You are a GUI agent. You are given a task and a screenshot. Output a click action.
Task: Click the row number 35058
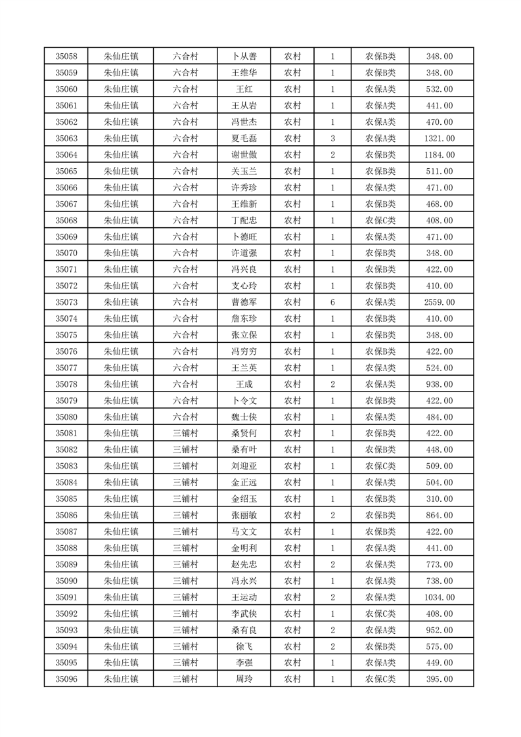66,56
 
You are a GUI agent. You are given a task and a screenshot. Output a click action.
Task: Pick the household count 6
332,302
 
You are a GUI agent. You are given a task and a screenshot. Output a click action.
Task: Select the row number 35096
66,679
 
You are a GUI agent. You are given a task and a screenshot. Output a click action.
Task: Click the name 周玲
244,679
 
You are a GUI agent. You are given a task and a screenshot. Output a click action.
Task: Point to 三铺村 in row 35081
185,434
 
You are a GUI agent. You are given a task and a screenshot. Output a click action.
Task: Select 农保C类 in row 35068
380,221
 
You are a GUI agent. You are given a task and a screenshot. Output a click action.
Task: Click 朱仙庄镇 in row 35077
122,368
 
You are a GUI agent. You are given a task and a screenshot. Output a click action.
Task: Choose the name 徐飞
244,646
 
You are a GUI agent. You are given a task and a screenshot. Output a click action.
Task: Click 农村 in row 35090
292,581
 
